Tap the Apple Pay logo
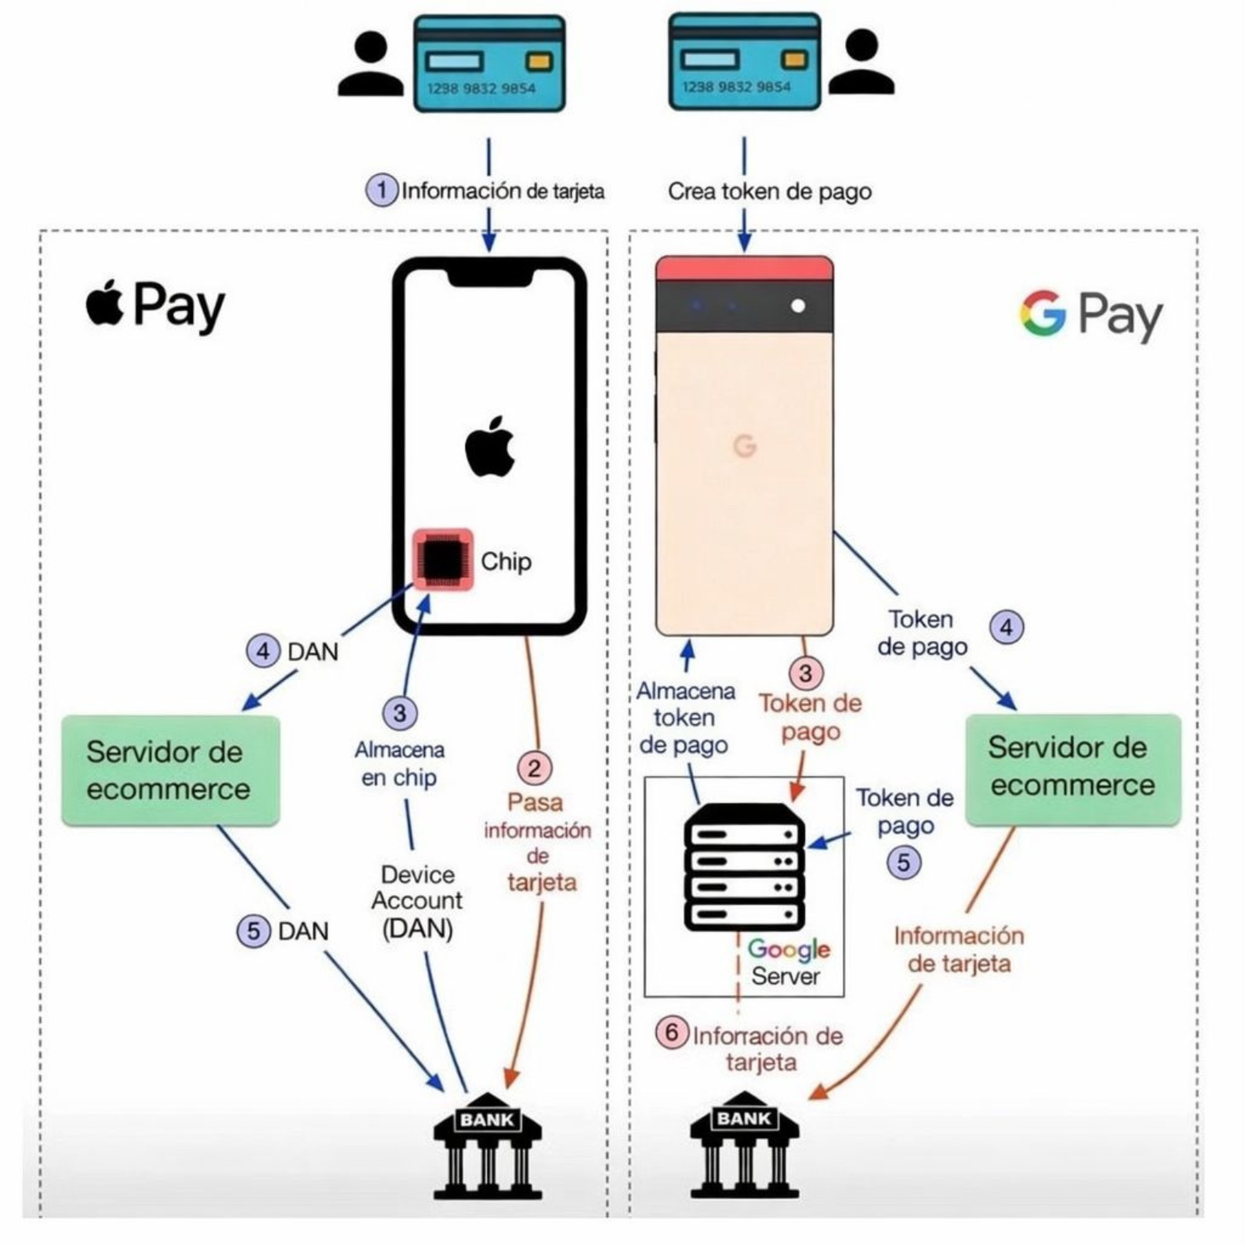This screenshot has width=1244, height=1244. pos(155,306)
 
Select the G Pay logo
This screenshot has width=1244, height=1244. pos(1090,315)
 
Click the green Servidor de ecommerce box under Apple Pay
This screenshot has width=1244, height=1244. pos(170,770)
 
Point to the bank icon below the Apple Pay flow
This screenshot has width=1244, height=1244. pos(487,1145)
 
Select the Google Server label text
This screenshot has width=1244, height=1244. pos(787,963)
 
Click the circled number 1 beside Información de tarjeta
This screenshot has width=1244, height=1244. pos(382,190)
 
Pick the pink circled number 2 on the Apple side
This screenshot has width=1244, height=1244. pos(535,768)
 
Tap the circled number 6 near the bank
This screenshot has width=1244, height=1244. pos(672,1032)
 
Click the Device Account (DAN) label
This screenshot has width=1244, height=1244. pos(417,901)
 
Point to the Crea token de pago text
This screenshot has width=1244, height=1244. pos(769,192)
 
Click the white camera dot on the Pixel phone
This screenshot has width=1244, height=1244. pos(798,306)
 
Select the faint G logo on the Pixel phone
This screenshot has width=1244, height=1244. pos(745,446)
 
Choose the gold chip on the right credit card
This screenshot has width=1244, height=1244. pos(794,60)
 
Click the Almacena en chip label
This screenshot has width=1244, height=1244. pos(400,763)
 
